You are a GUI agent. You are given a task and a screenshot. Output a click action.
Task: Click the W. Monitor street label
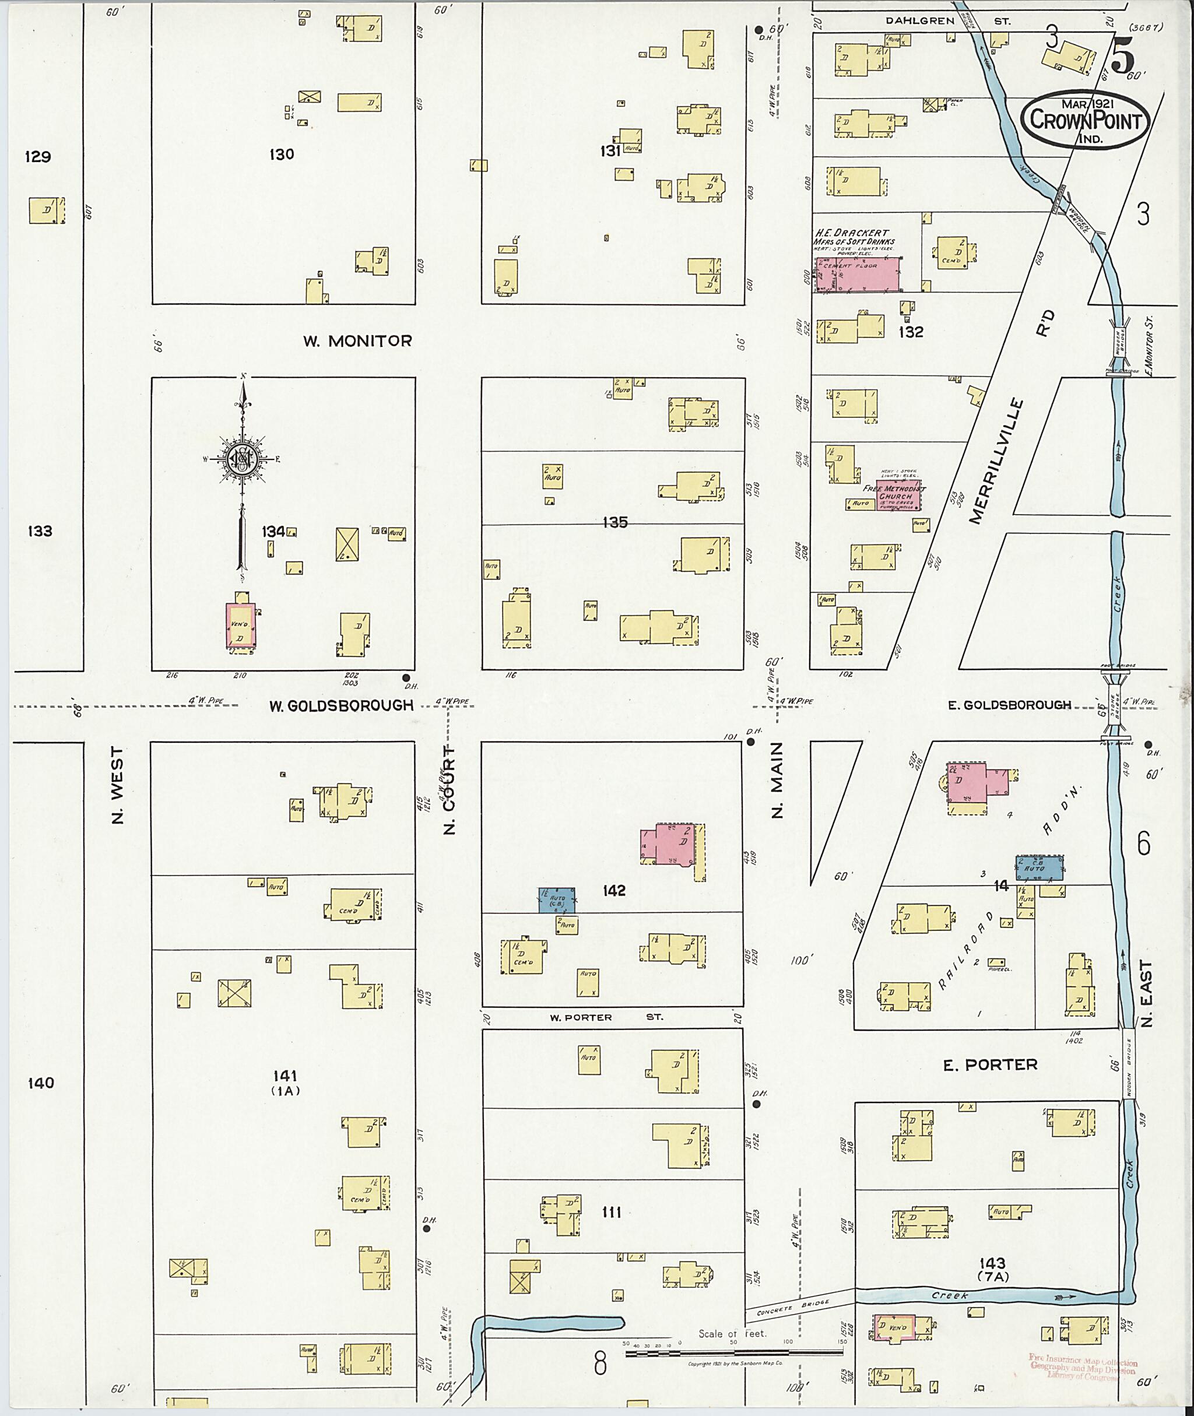pyautogui.click(x=357, y=341)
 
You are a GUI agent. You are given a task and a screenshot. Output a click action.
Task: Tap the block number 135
pyautogui.click(x=614, y=522)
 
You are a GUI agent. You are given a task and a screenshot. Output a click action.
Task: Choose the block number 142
pyautogui.click(x=613, y=891)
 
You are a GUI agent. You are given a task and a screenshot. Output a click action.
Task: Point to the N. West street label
pyautogui.click(x=118, y=785)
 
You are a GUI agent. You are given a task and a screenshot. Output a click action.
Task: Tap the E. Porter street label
pyautogui.click(x=1000, y=1064)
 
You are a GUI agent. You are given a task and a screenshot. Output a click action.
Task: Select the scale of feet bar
pyautogui.click(x=734, y=1354)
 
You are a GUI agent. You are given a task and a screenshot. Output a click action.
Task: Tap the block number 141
pyautogui.click(x=285, y=1076)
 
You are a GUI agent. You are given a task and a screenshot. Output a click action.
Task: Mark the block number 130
pyautogui.click(x=282, y=154)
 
